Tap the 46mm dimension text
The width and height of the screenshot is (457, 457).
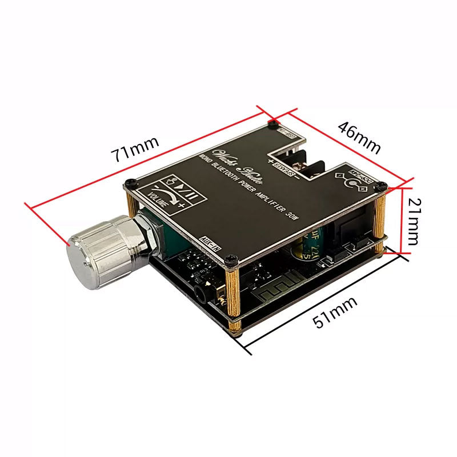[x=359, y=137]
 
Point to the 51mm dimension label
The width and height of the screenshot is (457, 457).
[x=336, y=313]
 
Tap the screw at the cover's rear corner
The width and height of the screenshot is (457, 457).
[x=274, y=123]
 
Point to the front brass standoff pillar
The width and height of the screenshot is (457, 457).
[x=234, y=300]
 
